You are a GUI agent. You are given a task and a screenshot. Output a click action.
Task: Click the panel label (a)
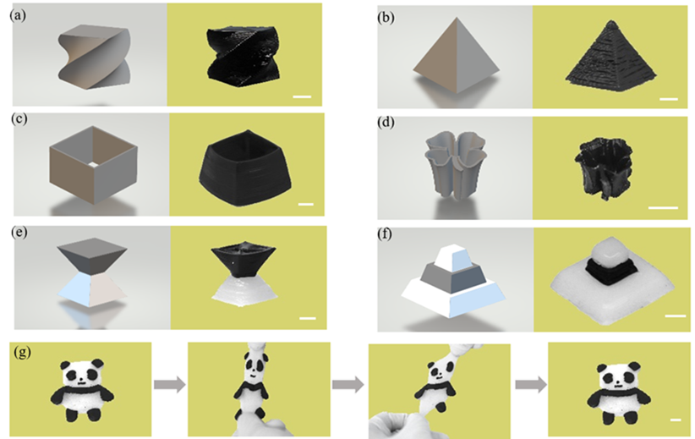coord(17,15)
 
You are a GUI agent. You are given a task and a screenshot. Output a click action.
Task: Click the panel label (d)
coord(386,122)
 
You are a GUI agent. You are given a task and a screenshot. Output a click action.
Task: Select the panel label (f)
coord(385,233)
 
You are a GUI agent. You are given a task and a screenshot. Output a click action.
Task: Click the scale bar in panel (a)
coord(302,96)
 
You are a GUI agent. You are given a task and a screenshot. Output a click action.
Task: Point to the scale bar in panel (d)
coord(663,207)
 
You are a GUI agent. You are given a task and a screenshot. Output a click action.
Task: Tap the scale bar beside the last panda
coord(676,420)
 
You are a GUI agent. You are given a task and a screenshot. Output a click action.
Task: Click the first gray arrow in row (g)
coord(170,384)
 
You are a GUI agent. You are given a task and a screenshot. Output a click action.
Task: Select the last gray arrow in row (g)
coord(531,384)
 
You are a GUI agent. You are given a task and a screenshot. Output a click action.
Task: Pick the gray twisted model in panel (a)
coord(94,57)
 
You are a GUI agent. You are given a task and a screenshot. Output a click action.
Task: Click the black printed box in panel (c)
coord(246,167)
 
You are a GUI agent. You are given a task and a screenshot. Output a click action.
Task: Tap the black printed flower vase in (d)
coord(603,167)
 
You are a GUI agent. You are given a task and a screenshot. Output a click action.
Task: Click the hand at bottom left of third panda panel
coord(401,425)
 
